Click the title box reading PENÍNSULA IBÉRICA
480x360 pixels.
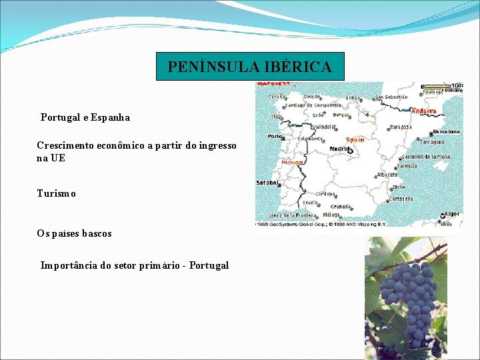[x=249, y=67]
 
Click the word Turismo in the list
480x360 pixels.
[x=57, y=193]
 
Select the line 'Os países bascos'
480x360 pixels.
[x=75, y=233]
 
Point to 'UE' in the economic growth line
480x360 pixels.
[x=58, y=158]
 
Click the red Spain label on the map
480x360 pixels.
[x=355, y=140]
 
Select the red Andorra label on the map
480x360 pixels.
[x=424, y=111]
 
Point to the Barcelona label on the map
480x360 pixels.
[x=446, y=131]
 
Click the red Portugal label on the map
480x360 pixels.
[x=293, y=162]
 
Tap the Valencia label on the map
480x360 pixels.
[x=407, y=166]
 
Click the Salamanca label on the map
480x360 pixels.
[x=310, y=139]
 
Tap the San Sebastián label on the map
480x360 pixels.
[x=391, y=97]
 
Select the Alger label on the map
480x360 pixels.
[x=452, y=214]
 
